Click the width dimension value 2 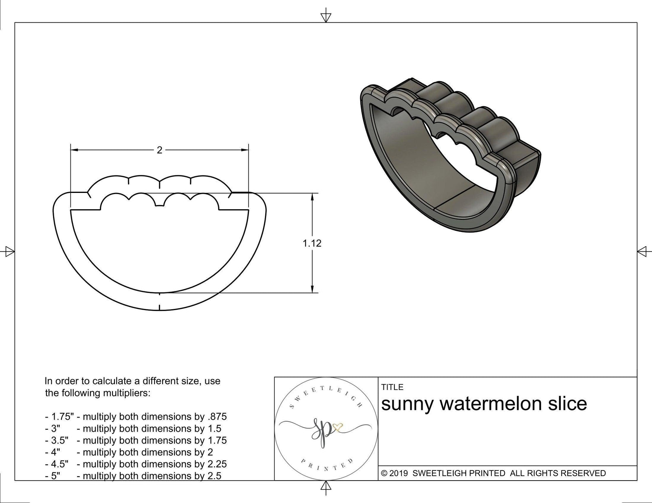tap(159, 150)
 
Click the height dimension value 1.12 tap(312, 243)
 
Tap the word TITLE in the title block tap(392, 387)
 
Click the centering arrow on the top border tap(326, 17)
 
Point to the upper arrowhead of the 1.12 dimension tap(312, 197)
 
